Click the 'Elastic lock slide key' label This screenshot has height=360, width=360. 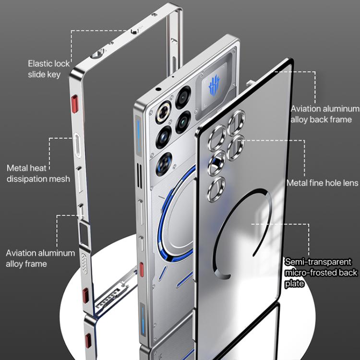click(48, 69)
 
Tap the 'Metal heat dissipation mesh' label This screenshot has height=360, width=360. click(38, 173)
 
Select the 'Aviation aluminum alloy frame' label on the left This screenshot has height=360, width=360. click(40, 258)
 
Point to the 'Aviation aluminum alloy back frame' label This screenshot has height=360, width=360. click(325, 114)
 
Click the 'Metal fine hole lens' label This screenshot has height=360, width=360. click(323, 183)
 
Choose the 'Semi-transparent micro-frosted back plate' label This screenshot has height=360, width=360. click(321, 273)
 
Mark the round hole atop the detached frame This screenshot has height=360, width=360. click(98, 54)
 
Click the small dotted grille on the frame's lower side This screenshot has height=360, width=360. click(84, 262)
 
